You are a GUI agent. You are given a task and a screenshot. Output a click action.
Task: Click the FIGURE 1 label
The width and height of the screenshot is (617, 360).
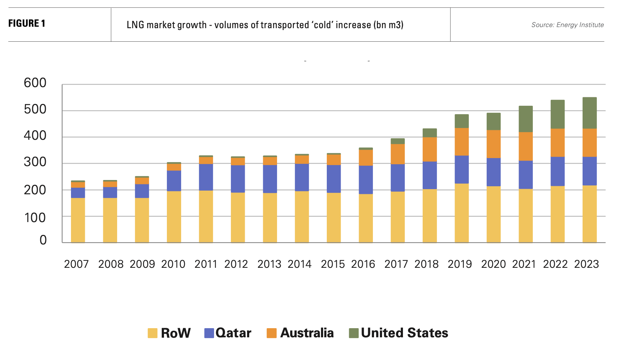(27, 23)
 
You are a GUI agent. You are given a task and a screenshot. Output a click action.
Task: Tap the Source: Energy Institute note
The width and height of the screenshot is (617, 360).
(567, 25)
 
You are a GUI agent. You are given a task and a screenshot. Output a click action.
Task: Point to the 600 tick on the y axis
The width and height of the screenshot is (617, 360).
(35, 83)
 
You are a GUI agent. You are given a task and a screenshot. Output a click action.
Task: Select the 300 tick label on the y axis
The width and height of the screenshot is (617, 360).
(35, 162)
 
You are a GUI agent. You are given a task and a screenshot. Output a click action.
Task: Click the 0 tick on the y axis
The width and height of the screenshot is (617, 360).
(43, 240)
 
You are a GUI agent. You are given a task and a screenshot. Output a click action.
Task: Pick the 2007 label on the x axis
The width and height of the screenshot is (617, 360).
(76, 264)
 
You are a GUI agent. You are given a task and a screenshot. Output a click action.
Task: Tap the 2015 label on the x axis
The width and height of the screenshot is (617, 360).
(333, 264)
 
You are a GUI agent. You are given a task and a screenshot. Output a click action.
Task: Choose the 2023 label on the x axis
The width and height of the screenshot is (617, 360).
(586, 264)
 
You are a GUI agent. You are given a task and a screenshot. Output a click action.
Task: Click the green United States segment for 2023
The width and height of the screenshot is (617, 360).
(590, 113)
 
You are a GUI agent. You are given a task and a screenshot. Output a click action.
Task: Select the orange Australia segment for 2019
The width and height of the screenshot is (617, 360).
(461, 142)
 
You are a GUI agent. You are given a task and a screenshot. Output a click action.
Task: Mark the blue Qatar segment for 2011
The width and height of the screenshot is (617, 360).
(206, 177)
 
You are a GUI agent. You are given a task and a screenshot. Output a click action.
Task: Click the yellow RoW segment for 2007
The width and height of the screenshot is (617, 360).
(78, 220)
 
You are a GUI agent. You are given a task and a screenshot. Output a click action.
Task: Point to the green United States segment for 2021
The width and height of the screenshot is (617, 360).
(526, 119)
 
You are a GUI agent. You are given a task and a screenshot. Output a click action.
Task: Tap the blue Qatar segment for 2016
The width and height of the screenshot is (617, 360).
(366, 180)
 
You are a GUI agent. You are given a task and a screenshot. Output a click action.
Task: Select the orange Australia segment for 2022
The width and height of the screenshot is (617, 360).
(557, 143)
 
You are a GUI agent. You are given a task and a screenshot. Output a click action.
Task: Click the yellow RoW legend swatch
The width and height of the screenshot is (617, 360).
(153, 333)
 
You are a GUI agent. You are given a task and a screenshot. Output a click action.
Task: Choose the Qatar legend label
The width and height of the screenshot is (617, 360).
(233, 333)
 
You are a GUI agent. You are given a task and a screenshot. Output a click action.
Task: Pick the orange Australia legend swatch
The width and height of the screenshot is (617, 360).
(272, 333)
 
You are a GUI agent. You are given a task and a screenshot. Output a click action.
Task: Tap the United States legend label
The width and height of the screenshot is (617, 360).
(404, 333)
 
